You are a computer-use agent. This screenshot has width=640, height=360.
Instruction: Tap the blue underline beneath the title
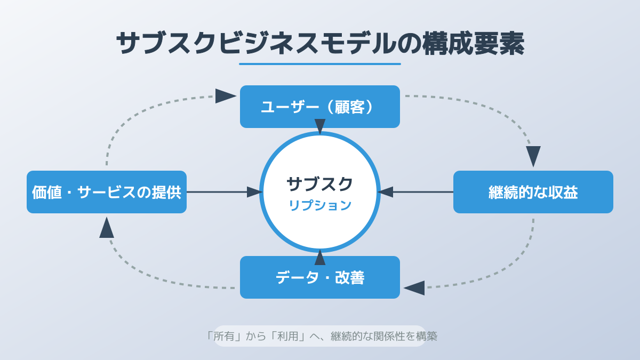pos(320,64)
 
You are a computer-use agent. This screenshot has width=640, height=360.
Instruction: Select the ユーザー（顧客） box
pos(320,107)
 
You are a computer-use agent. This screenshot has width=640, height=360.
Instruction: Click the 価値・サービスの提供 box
pos(107,192)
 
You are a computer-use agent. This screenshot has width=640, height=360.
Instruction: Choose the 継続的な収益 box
pos(533,192)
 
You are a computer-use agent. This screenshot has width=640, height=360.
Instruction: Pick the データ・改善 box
pos(320,277)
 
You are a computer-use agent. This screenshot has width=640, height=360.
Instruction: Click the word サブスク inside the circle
pos(320,184)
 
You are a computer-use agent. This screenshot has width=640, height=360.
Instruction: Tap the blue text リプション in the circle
pos(320,205)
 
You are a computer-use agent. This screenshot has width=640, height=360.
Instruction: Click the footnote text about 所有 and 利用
pos(320,336)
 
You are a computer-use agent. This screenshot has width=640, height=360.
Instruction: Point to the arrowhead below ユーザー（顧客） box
pos(320,126)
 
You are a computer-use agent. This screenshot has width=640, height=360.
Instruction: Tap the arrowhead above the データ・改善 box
pos(320,258)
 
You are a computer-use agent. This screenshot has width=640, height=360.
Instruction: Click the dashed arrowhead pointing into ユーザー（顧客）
pos(225,96)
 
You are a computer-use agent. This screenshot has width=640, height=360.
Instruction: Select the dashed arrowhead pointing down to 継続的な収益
pos(533,156)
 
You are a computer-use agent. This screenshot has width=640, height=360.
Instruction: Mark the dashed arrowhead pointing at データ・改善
pos(414,288)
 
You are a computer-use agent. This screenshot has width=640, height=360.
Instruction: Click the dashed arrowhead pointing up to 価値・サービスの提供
pos(107,228)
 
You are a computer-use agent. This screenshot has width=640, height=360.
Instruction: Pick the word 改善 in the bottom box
pos(350,277)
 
